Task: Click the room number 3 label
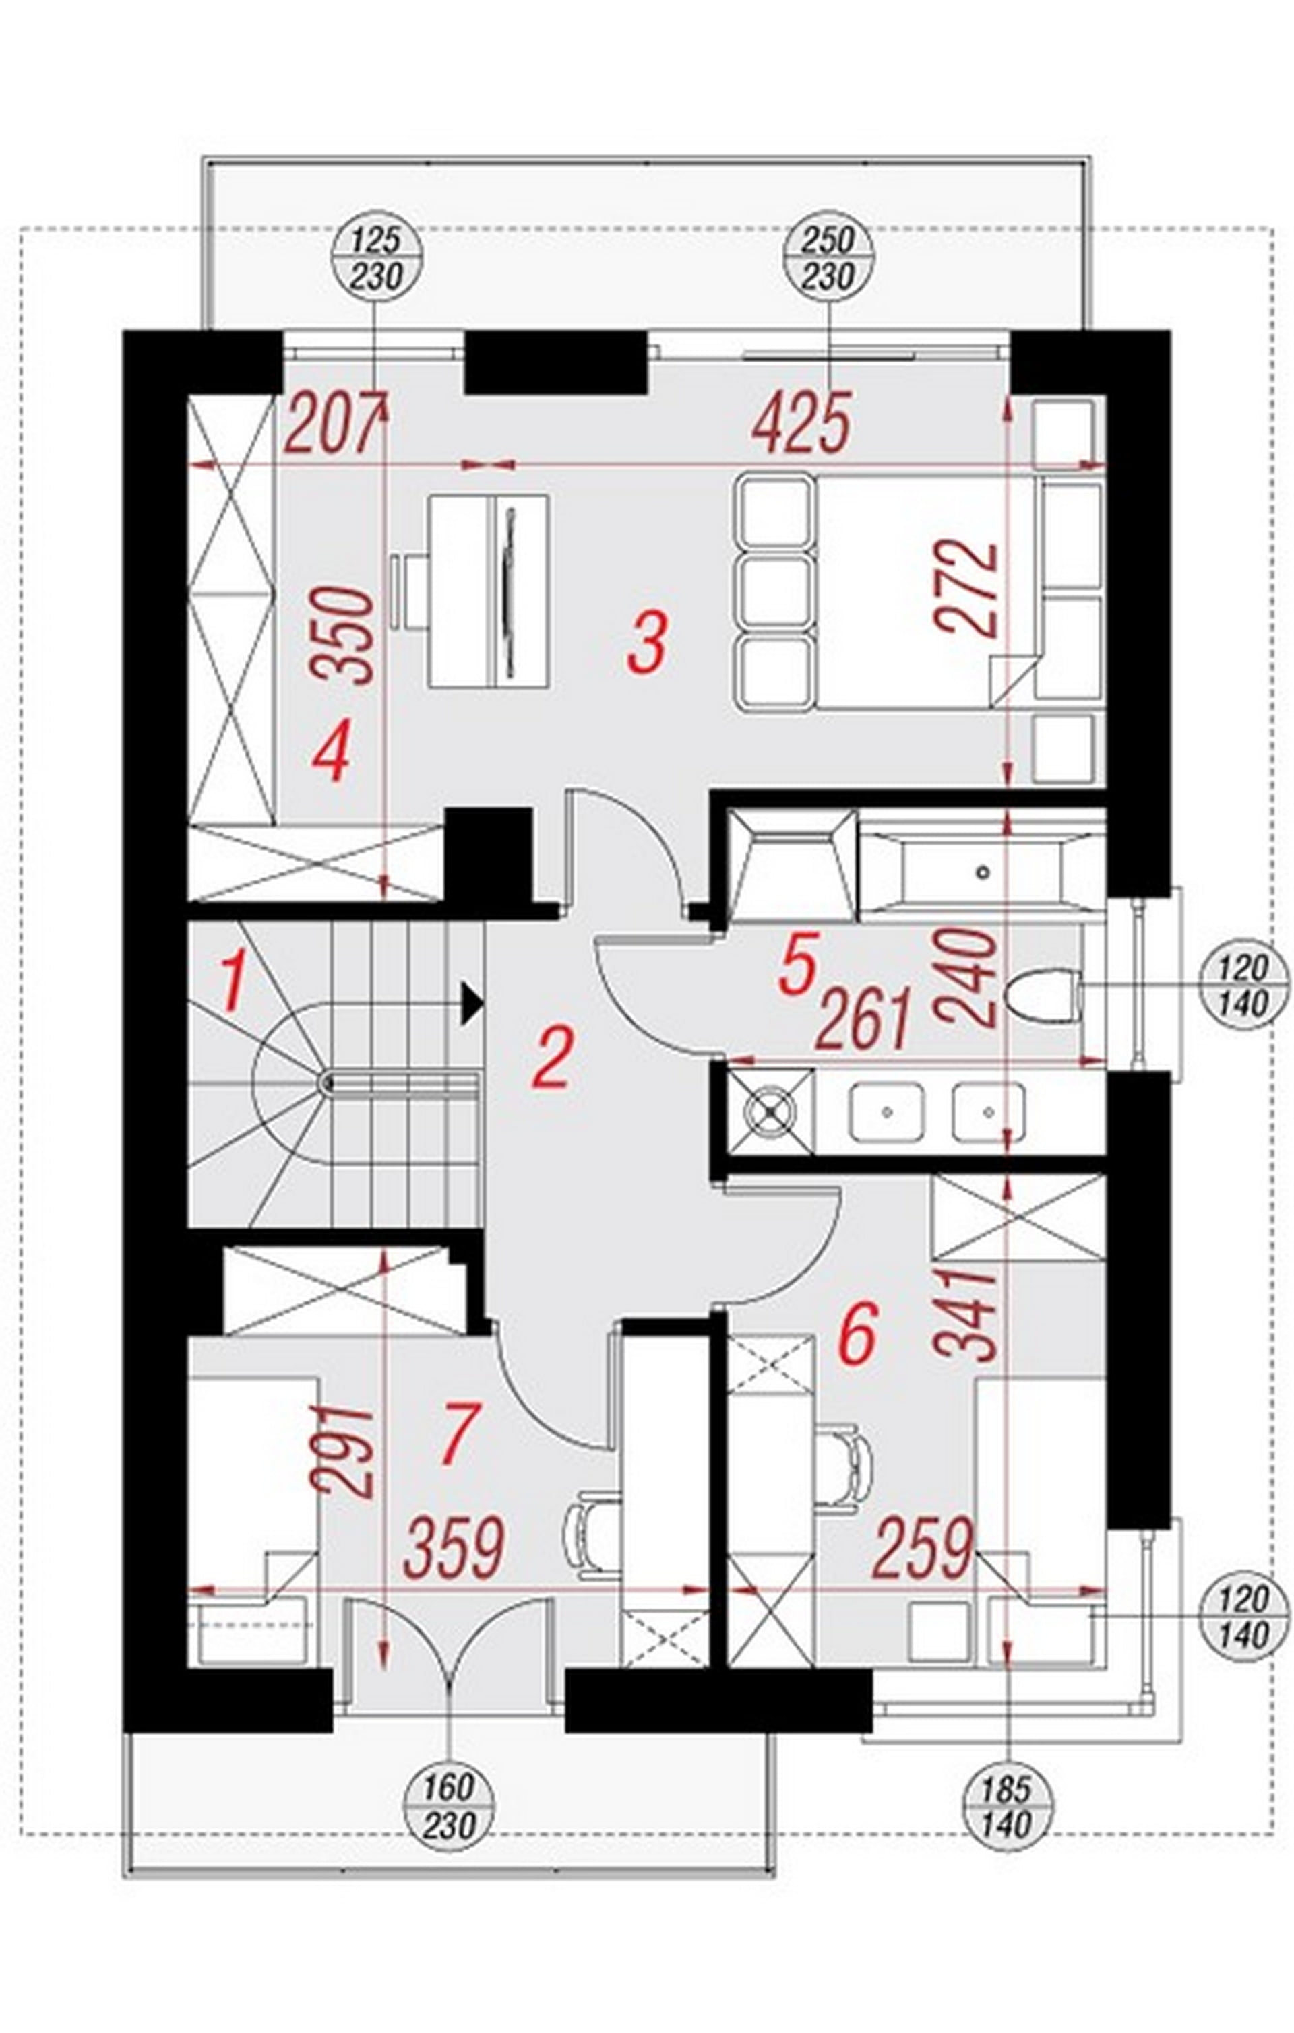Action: click(x=648, y=642)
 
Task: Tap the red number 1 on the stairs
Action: click(x=234, y=980)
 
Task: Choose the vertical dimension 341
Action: click(x=967, y=1313)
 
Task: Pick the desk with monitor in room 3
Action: click(x=488, y=591)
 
